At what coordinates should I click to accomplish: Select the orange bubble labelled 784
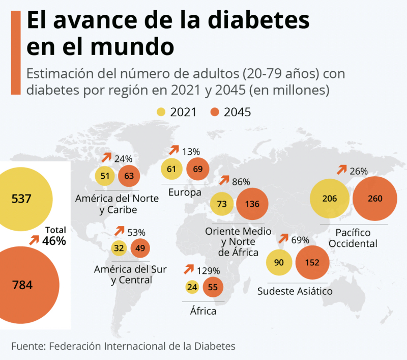click(x=22, y=285)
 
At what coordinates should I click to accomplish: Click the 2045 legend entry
click(x=230, y=112)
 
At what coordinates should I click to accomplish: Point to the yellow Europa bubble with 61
click(x=172, y=169)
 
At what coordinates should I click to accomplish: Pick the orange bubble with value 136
click(x=252, y=204)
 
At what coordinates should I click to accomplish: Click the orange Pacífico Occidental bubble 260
click(x=374, y=199)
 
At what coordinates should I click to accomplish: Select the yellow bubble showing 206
click(x=330, y=199)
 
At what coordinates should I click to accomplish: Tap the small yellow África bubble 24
click(x=192, y=287)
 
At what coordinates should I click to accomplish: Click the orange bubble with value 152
click(x=312, y=263)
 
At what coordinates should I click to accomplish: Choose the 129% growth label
click(x=209, y=271)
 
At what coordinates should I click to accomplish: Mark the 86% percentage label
click(x=241, y=182)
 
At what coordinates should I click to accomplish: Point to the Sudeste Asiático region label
click(x=295, y=291)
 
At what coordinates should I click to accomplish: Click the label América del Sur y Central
click(x=131, y=274)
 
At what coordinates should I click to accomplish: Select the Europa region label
click(x=184, y=192)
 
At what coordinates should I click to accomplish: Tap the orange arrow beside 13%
click(x=175, y=150)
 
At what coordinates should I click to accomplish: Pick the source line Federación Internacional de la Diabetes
click(x=124, y=346)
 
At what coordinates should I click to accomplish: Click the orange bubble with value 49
click(x=140, y=248)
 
